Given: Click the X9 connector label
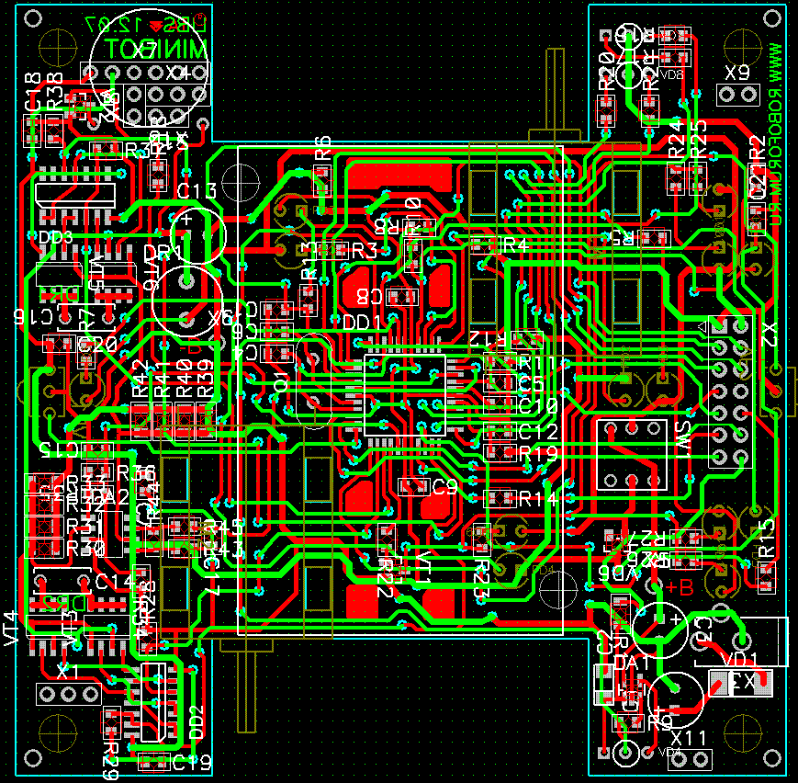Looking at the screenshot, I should click(x=737, y=72).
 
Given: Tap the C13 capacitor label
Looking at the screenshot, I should click(x=197, y=191).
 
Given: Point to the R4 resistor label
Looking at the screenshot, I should click(x=514, y=245).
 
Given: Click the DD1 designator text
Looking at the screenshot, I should click(x=362, y=323).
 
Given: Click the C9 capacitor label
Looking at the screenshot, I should click(x=444, y=487).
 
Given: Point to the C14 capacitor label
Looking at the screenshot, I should click(x=114, y=581).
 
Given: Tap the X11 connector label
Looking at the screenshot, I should click(x=688, y=738).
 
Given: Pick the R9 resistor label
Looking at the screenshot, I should click(x=659, y=721).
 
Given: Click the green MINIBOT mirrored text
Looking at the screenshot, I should click(x=157, y=49).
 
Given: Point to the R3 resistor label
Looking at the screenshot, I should click(x=364, y=250).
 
